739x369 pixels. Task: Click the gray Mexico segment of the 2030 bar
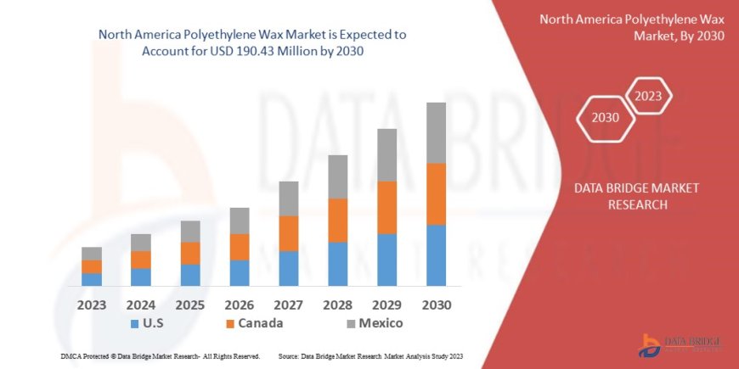pos(436,133)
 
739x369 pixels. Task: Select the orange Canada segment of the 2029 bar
pos(386,207)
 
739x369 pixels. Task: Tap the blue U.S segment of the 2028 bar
pos(337,264)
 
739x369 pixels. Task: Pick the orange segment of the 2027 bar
pos(288,233)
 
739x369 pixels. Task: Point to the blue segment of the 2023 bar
pos(92,279)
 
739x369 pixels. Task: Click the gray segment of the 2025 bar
pos(190,232)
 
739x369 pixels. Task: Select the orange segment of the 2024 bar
pos(141,260)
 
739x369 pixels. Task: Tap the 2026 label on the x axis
pos(239,305)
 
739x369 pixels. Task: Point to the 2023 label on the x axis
pos(92,305)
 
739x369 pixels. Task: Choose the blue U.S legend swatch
pos(134,324)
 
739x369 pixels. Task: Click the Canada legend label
pos(261,323)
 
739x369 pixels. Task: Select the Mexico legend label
pos(381,323)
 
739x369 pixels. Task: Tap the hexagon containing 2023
pos(649,95)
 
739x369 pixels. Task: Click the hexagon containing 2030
pos(606,118)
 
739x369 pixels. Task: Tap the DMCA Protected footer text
pos(161,356)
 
